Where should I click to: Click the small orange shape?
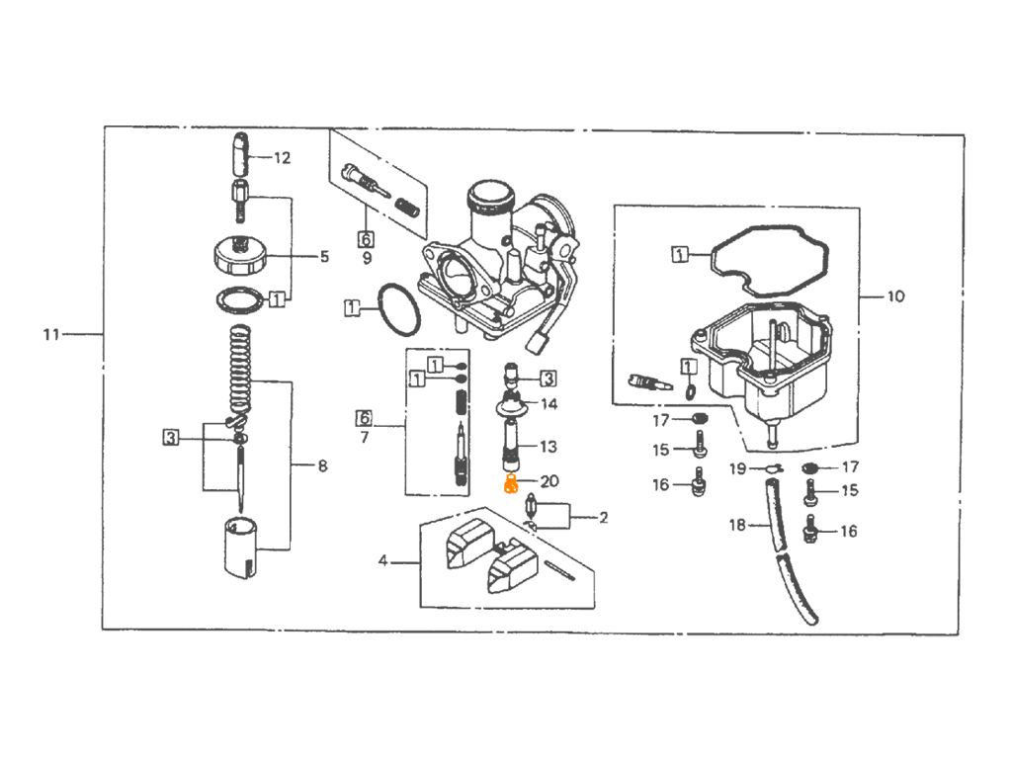pos(504,489)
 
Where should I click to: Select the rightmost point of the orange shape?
pos(525,488)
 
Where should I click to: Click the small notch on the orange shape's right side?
pos(517,481)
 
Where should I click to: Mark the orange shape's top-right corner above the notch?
pos(516,474)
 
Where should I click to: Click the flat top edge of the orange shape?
pos(502,474)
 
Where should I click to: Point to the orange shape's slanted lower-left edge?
pos(498,499)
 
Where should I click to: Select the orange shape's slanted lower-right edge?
pos(518,498)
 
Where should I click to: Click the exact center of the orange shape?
pos(504,489)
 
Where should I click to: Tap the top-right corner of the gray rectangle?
pos(965,126)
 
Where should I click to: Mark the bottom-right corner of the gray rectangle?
pos(965,636)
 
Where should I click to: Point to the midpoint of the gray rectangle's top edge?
pos(504,126)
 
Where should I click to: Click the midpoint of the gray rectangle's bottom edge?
pos(504,636)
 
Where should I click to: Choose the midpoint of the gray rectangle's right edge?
pos(965,381)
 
